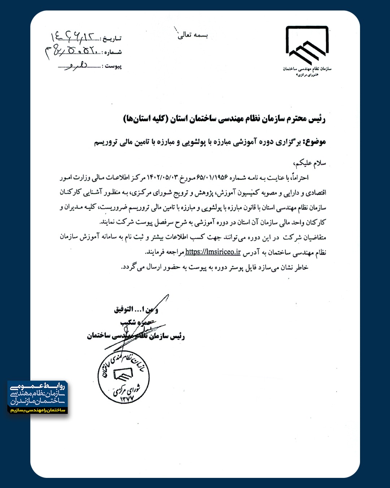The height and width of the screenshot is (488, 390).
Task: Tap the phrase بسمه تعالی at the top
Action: point(193,35)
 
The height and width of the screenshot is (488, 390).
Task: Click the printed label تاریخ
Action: point(112,38)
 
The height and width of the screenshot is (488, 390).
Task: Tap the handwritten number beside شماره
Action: point(71,51)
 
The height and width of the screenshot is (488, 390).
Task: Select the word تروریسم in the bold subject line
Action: point(106,142)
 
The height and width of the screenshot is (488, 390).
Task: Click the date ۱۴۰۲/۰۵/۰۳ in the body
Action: point(163,177)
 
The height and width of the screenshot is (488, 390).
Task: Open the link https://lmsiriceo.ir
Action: point(213,252)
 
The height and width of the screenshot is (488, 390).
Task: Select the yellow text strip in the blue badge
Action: point(38,410)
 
